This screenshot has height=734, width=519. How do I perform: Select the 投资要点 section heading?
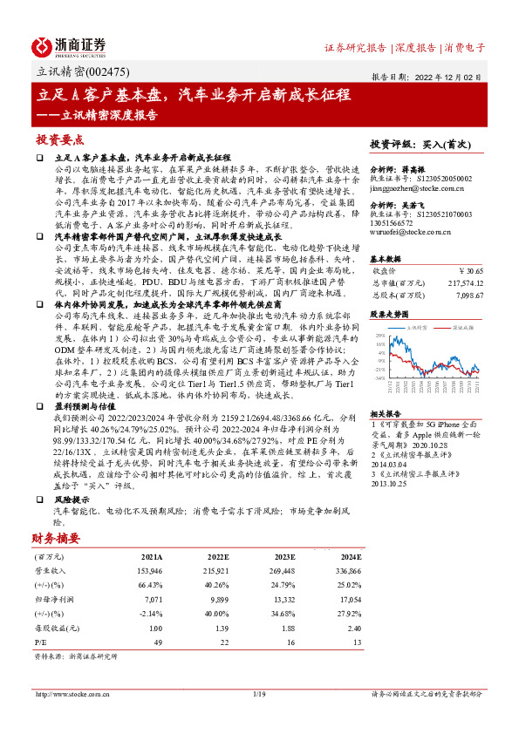tap(59, 139)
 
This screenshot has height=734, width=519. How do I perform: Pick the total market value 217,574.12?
tap(462, 283)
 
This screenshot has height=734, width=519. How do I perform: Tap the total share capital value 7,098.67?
tap(468, 296)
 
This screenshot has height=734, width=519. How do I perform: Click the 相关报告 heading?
tap(384, 413)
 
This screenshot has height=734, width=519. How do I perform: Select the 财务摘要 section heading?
tap(56, 538)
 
